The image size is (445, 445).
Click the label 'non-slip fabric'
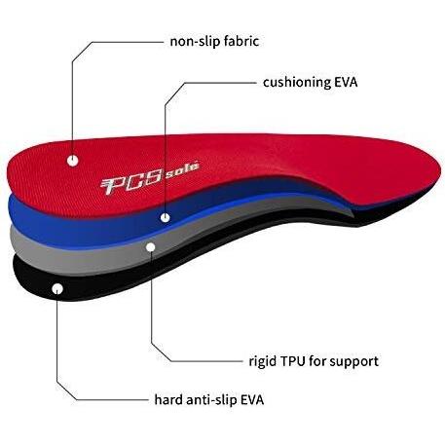pyautogui.click(x=214, y=42)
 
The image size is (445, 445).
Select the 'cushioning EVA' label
pyautogui.click(x=310, y=82)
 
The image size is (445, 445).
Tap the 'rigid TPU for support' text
pyautogui.click(x=314, y=361)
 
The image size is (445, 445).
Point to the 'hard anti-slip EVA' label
pyautogui.click(x=209, y=399)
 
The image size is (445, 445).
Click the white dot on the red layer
pyautogui.click(x=72, y=161)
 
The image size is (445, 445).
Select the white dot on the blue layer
pyautogui.click(x=166, y=217)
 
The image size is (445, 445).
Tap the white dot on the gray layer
pyautogui.click(x=151, y=247)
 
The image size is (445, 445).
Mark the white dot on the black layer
pyautogui.click(x=57, y=289)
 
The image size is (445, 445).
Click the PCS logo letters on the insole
pyautogui.click(x=131, y=182)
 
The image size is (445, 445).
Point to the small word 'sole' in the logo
pyautogui.click(x=182, y=168)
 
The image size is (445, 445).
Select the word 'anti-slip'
pyautogui.click(x=211, y=399)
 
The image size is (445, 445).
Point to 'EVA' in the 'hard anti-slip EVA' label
pyautogui.click(x=252, y=399)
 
